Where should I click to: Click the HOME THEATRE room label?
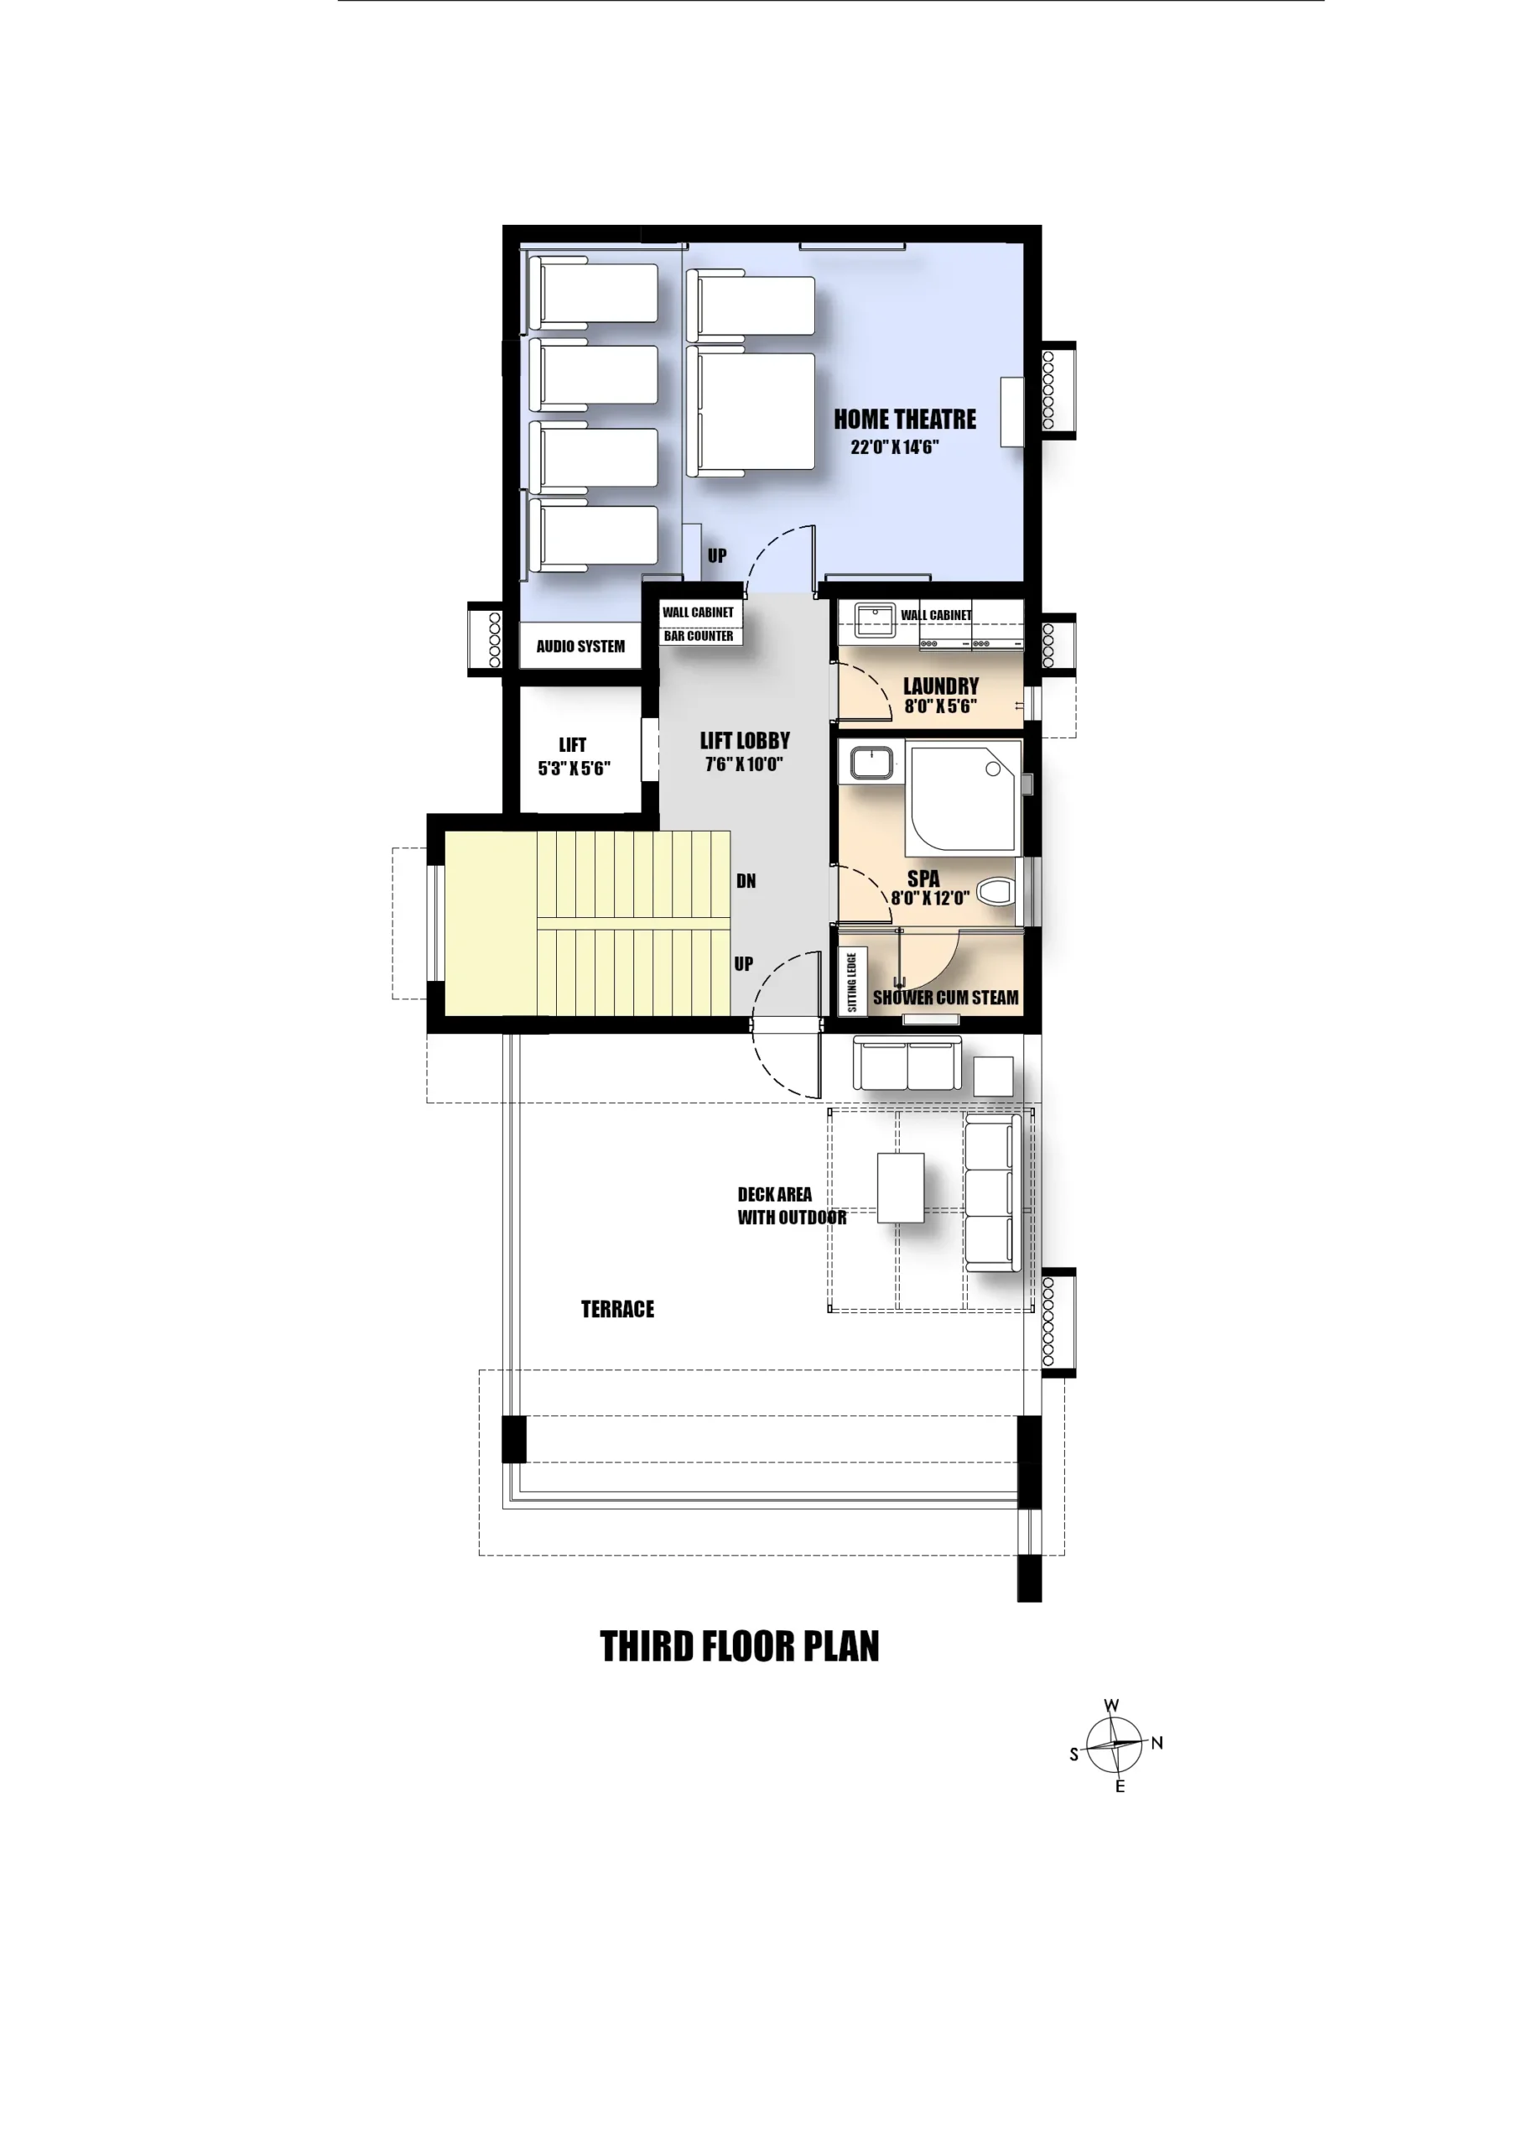[904, 420]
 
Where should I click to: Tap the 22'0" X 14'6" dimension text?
[894, 447]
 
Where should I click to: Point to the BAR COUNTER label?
[699, 636]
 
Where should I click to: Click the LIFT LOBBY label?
[745, 741]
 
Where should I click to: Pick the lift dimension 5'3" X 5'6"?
[574, 768]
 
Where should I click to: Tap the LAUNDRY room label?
[941, 686]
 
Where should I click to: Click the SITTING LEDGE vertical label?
[852, 982]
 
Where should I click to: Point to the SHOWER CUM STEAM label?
[945, 998]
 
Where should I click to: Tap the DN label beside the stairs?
[746, 881]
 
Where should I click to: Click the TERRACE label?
[617, 1309]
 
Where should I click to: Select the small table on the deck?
[901, 1188]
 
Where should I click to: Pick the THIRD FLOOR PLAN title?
[739, 1646]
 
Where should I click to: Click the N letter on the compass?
[1157, 1743]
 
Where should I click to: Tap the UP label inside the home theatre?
[716, 555]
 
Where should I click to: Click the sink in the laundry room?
[876, 620]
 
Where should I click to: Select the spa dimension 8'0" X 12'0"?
[930, 898]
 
